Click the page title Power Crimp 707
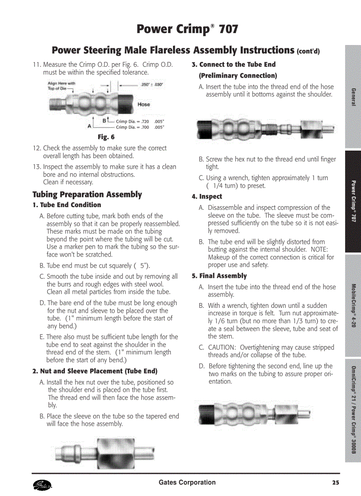(187, 30)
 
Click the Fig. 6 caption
(106, 137)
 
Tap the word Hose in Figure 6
(144, 105)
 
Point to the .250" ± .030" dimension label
(152, 84)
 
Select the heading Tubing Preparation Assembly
(87, 195)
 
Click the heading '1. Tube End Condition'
(67, 205)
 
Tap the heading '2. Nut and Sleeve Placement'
(95, 371)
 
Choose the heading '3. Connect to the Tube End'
(233, 64)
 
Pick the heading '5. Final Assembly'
(219, 276)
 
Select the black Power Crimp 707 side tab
(353, 201)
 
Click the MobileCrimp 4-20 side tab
(353, 305)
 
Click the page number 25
(336, 483)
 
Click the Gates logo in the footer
(42, 485)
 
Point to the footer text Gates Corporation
(187, 483)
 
